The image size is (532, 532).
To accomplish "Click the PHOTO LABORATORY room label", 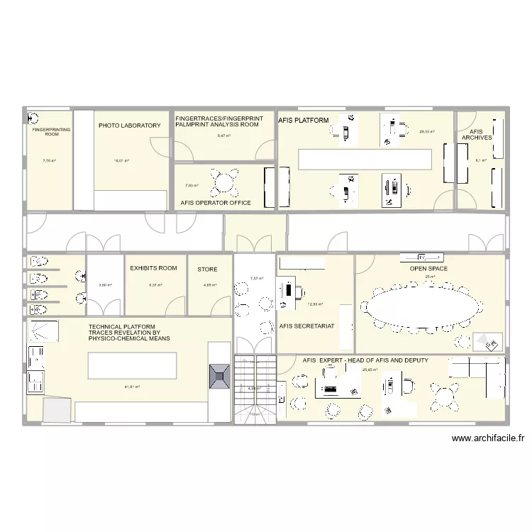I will click(129, 126).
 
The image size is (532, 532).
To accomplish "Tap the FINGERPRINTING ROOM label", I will click(49, 132).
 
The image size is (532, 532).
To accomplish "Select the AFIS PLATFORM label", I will click(303, 121).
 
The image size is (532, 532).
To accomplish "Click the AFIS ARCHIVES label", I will click(476, 135).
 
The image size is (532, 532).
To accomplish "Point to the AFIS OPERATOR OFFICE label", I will click(216, 203).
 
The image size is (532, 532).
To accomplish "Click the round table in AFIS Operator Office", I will click(225, 182).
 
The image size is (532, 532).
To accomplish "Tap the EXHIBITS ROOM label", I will click(153, 269).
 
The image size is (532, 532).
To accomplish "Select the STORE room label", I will click(207, 270).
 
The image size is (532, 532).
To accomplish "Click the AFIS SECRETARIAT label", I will click(307, 326).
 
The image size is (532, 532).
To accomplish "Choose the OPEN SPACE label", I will click(428, 269).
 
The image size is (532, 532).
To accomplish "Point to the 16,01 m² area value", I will click(121, 161).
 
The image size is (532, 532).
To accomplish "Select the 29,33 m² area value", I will click(426, 131).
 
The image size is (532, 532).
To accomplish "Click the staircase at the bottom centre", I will click(255, 388).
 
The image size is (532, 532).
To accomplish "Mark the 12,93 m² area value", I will click(315, 304).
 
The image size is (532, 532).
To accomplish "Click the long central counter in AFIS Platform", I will click(365, 160).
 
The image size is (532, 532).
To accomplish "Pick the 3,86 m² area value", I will click(105, 285).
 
